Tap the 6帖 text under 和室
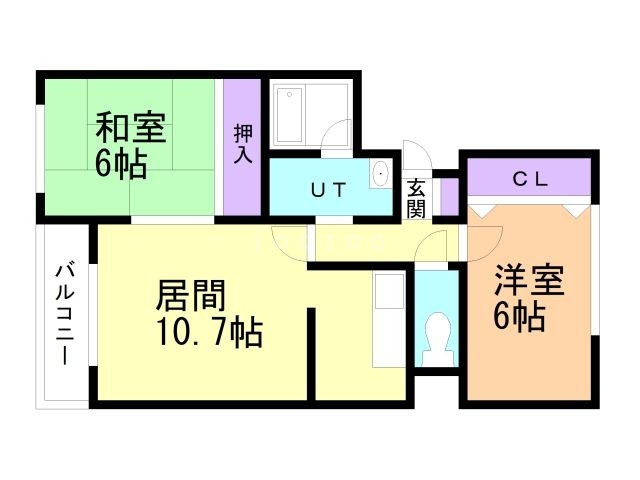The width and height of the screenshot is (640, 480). click(121, 163)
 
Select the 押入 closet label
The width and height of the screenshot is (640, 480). click(243, 144)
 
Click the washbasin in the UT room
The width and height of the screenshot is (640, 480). click(381, 176)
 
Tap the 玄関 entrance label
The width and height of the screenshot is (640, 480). click(417, 197)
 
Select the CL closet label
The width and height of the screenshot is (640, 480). click(530, 180)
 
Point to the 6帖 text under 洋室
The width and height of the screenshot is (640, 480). click(519, 317)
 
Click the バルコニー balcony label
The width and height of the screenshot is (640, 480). click(65, 313)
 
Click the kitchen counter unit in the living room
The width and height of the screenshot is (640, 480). click(386, 320)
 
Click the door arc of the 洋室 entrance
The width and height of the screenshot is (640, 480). click(484, 239)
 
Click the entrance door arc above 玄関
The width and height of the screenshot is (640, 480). click(419, 160)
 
